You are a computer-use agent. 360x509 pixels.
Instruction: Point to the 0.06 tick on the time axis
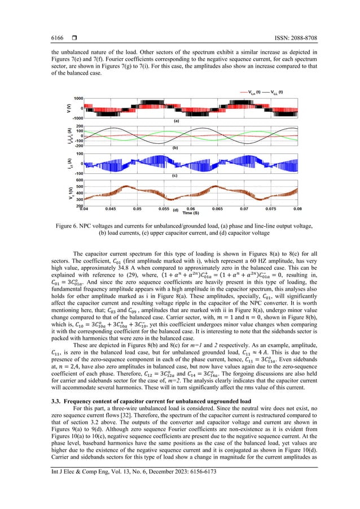191,209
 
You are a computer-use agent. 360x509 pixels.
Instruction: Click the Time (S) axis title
191,213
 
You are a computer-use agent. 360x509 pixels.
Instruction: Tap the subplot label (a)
176,121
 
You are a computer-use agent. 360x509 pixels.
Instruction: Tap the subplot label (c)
176,176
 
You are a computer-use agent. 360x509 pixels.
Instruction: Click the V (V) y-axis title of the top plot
65,108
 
